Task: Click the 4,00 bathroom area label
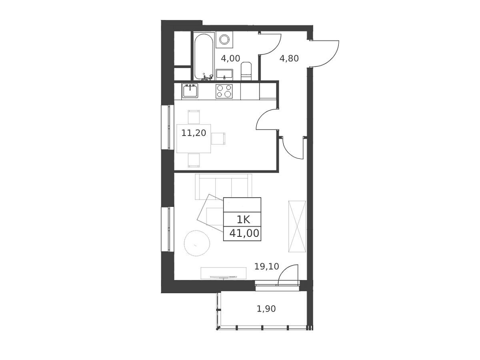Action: click(230, 58)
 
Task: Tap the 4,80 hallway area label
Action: click(289, 58)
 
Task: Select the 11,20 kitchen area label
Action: click(194, 133)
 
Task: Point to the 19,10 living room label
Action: click(266, 266)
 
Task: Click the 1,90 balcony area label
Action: click(266, 309)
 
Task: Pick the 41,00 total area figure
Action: click(244, 234)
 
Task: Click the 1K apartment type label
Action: click(243, 220)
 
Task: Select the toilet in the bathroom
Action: click(246, 71)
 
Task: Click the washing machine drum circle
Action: click(224, 40)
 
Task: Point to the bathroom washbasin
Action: click(224, 74)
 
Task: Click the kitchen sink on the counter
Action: click(190, 91)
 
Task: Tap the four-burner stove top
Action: click(224, 91)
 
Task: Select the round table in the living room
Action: click(197, 243)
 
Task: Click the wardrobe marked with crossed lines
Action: click(297, 226)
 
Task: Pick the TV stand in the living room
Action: click(224, 273)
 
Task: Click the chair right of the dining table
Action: click(218, 138)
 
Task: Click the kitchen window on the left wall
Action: click(168, 128)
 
